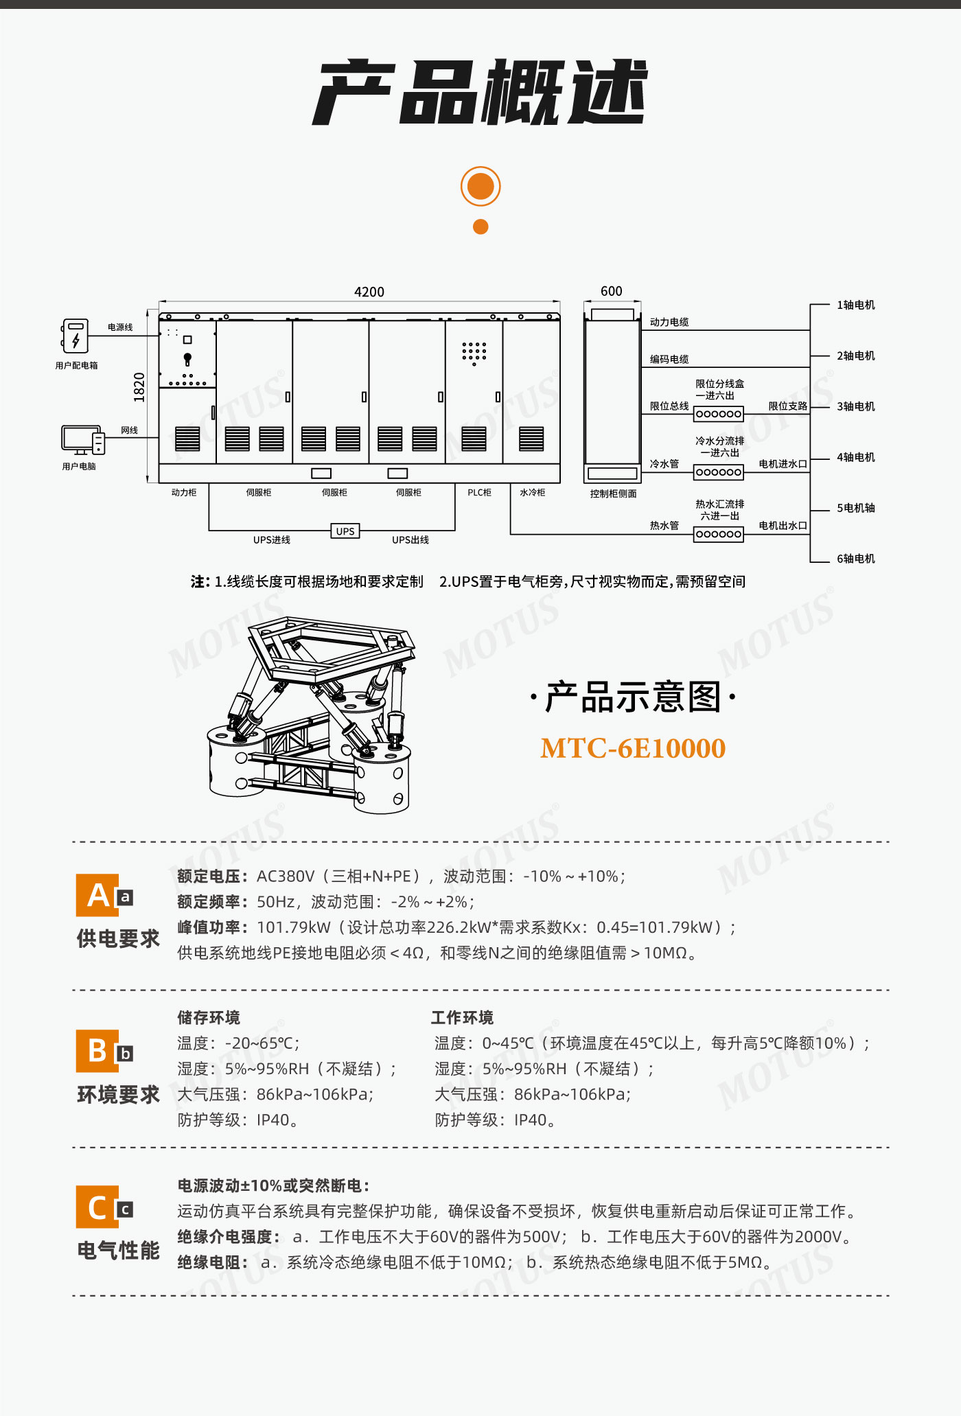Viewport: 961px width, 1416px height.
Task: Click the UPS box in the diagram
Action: coord(345,531)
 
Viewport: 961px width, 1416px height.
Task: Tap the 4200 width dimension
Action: coord(369,292)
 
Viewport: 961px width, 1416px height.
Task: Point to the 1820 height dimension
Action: coord(139,387)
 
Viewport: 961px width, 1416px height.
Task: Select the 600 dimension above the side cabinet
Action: coord(612,291)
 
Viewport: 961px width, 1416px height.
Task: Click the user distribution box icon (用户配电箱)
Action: coord(75,336)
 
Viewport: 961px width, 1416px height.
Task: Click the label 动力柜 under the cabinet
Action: coord(184,493)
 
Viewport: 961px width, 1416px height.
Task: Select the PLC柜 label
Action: coord(479,493)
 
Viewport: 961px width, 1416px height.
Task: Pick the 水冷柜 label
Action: coord(532,493)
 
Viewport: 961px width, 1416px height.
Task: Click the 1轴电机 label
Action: coord(856,305)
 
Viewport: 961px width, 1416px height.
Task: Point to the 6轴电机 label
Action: coord(856,559)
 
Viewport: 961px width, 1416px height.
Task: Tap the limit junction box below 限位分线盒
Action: coord(719,414)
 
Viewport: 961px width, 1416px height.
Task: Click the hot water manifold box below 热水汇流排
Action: coord(719,534)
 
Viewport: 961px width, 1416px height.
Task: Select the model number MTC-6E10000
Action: coord(633,748)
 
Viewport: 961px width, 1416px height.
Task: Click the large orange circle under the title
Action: coord(480,186)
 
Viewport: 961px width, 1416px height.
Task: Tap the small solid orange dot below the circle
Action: coord(480,227)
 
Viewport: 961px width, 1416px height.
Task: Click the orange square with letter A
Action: coord(97,895)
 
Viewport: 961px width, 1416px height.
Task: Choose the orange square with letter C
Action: coord(97,1207)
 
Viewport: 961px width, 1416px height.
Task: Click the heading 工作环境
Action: coord(463,1017)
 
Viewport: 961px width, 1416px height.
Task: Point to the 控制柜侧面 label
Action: coord(614,494)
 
